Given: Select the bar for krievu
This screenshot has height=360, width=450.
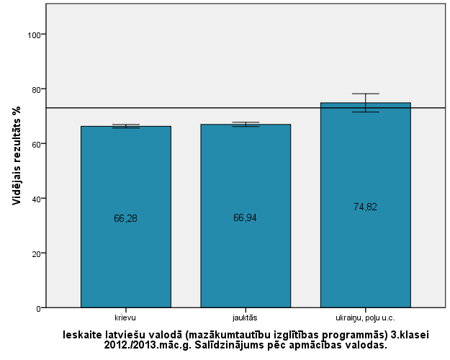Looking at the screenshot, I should click(x=125, y=180).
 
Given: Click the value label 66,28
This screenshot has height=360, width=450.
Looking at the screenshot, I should click(x=125, y=218).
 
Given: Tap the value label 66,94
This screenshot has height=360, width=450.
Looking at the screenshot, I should click(x=246, y=218).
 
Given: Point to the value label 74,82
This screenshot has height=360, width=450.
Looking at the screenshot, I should click(x=365, y=207).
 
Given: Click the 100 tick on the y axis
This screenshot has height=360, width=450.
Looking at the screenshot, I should click(x=35, y=35).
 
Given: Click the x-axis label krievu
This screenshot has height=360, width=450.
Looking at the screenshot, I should click(x=125, y=317).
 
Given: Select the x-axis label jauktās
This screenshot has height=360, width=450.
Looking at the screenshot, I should click(x=246, y=317).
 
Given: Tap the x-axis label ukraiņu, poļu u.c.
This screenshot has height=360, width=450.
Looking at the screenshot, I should click(x=365, y=317).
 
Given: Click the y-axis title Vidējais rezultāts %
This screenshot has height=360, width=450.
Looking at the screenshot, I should click(x=16, y=155).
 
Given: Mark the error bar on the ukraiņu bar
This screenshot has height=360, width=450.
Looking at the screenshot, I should click(x=365, y=103).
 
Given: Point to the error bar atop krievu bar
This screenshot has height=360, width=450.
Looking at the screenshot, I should click(x=125, y=126).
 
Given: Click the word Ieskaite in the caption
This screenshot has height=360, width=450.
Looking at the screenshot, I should click(x=82, y=334).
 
